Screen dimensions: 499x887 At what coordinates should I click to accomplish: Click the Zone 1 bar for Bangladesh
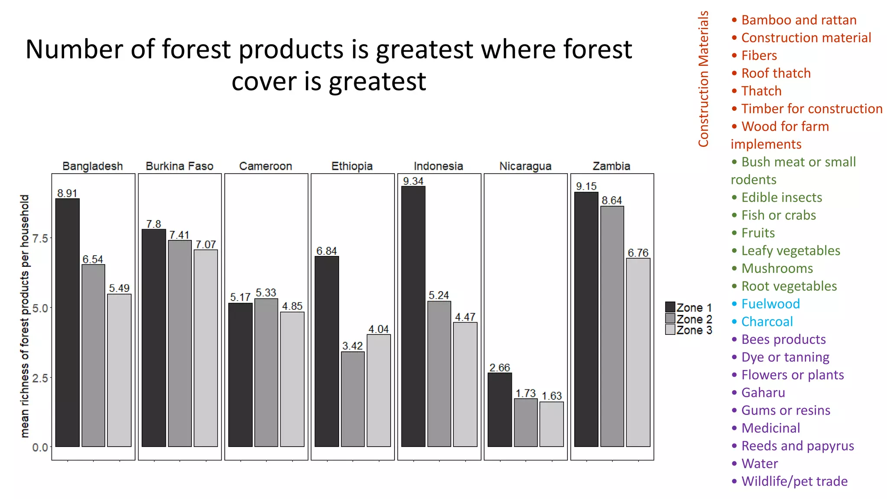coord(68,322)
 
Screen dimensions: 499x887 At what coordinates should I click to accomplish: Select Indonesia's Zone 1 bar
coord(413,316)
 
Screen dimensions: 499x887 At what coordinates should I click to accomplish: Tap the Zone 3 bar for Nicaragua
coord(552,424)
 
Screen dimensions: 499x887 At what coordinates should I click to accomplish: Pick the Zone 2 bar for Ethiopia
coord(353,399)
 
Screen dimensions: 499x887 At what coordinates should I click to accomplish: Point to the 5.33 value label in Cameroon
coord(266,293)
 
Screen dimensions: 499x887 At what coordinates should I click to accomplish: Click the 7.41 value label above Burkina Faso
coord(179,235)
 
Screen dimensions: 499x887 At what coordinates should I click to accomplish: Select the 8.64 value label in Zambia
coord(612,201)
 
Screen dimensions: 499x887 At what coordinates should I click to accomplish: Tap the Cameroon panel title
coord(265,166)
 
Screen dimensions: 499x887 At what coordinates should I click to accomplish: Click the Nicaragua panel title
coord(525,166)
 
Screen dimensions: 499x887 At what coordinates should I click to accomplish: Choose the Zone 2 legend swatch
coord(670,319)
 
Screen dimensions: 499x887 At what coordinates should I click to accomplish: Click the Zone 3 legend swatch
coord(670,330)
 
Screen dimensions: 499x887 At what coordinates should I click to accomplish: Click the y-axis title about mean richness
coord(25,316)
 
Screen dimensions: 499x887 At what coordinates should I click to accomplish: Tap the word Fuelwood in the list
coord(770,304)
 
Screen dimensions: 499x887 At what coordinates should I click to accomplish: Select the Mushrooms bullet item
coord(777,269)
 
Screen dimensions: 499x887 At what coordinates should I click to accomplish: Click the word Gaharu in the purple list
coord(763,393)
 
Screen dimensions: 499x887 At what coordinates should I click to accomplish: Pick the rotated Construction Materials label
coord(703,79)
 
